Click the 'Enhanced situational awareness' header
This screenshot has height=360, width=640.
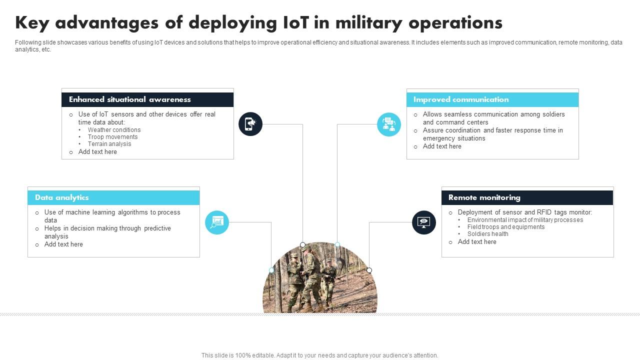(129, 99)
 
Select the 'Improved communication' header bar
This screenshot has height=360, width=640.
(460, 99)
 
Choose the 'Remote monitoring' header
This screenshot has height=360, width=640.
(484, 197)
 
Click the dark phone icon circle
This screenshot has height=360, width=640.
(250, 123)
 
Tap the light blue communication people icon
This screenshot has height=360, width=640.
(389, 124)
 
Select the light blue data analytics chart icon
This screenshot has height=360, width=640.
(217, 222)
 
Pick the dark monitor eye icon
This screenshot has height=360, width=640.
(424, 222)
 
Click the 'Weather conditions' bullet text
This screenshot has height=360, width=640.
(114, 130)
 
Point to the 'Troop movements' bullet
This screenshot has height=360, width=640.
(112, 137)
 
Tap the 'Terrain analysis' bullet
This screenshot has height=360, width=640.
(109, 144)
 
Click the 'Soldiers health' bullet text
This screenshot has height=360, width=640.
(487, 234)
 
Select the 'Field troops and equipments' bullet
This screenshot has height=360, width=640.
(506, 227)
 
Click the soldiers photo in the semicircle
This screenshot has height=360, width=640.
(320, 282)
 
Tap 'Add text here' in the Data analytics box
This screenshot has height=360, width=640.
(63, 244)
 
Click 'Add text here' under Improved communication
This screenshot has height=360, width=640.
(442, 146)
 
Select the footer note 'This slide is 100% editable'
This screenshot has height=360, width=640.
(319, 355)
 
